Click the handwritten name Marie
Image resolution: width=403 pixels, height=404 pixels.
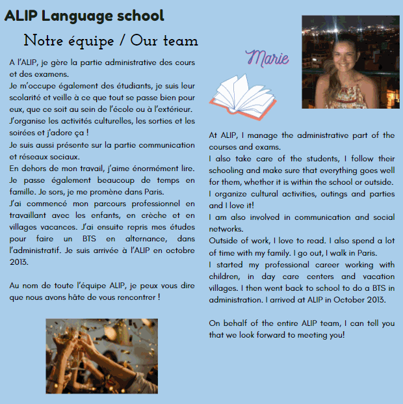coord(268,59)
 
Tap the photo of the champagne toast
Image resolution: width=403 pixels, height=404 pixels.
coord(101,356)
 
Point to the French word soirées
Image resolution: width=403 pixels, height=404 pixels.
coord(23,133)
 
